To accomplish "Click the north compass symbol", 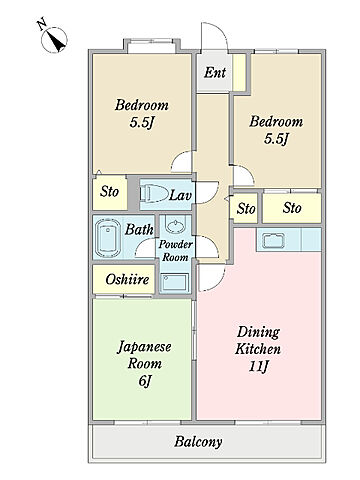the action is point(54,39).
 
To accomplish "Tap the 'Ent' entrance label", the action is point(215,72).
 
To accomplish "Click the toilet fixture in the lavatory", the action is point(154,194).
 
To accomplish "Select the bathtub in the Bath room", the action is point(108,238).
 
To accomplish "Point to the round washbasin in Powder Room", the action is point(175,226).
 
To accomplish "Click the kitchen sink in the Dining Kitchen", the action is point(274,240).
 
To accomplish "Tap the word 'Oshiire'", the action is point(127,279).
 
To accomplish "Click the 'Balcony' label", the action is point(198,442).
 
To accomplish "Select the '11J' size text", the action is point(258,367).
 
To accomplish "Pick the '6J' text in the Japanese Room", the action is point(145,381).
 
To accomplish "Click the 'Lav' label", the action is point(180,195).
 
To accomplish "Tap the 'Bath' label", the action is point(139,229).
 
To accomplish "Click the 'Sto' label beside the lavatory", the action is point(109,192).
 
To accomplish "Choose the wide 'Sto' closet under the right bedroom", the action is point(292,208).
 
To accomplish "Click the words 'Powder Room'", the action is point(175,251).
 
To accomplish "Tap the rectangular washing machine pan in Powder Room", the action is point(174,282).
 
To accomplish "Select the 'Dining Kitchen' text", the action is point(258,341).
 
